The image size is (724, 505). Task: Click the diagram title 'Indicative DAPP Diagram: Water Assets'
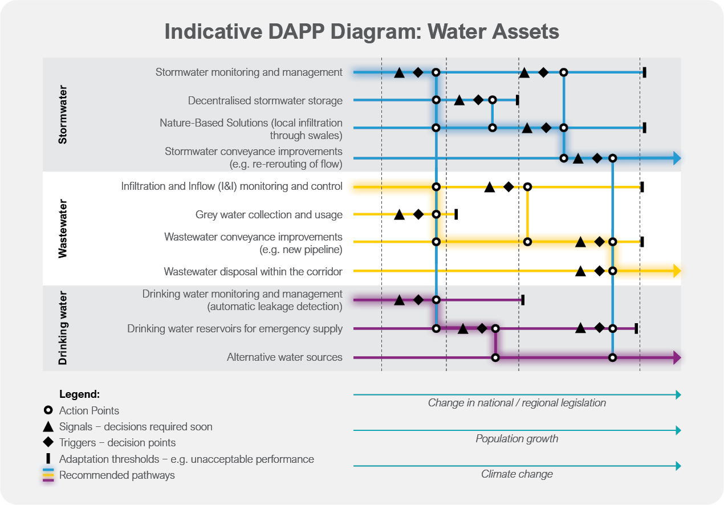click(361, 31)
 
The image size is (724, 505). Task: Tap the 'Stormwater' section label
click(63, 115)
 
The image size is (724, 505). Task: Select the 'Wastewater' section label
click(63, 229)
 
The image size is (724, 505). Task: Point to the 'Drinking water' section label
click(63, 328)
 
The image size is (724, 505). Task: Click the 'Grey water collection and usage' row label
click(269, 215)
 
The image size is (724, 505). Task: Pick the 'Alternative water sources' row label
click(284, 357)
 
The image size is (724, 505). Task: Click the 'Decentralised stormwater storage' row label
click(265, 101)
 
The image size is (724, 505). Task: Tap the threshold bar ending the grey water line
click(456, 214)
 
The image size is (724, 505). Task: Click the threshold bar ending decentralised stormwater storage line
click(517, 100)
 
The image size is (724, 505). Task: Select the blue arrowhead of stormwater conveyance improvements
click(677, 158)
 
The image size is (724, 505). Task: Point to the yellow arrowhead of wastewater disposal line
click(677, 271)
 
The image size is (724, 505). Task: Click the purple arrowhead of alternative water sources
click(677, 357)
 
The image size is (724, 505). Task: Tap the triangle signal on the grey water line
click(399, 214)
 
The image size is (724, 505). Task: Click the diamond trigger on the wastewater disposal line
click(599, 271)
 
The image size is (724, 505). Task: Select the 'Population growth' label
click(516, 439)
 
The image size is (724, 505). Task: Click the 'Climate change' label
click(516, 474)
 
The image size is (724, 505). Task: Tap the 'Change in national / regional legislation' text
click(516, 403)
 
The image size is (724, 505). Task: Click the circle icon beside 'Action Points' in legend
click(48, 410)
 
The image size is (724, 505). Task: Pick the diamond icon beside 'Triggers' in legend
click(48, 442)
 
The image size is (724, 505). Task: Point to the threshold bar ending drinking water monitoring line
click(523, 299)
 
